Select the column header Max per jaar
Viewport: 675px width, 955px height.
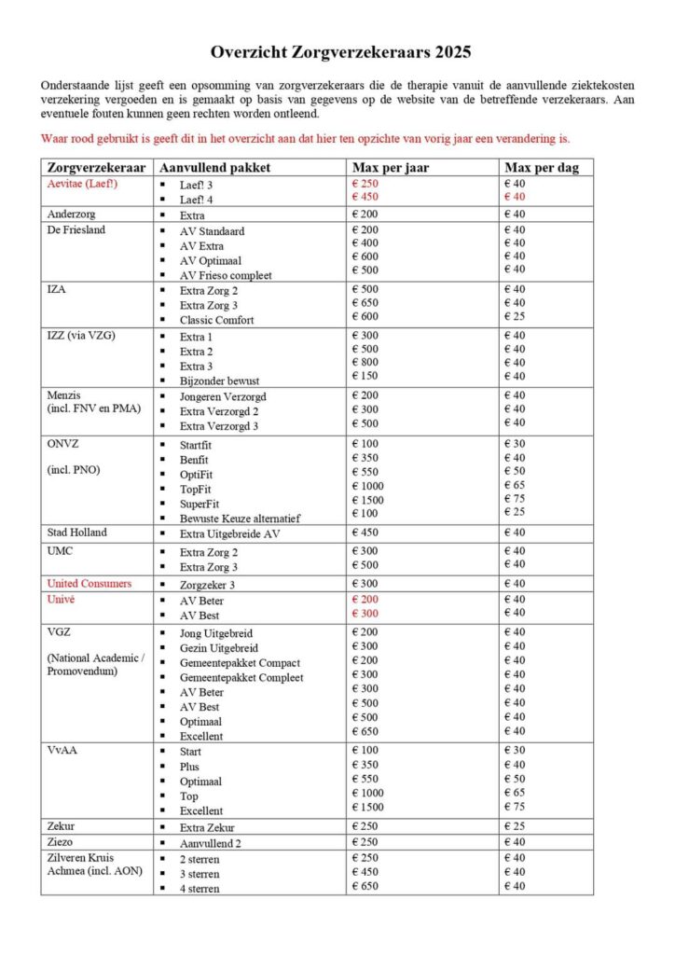point(390,168)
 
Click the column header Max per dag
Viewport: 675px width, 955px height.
point(542,168)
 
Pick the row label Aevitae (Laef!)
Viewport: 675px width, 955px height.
point(83,184)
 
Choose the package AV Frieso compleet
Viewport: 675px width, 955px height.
point(227,275)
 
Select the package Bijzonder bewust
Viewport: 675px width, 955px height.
point(220,381)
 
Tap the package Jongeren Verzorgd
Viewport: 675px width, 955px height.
point(226,395)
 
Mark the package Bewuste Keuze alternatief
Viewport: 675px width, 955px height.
point(241,518)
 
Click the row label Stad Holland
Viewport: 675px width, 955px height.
point(76,533)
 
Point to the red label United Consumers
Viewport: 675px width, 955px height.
point(90,584)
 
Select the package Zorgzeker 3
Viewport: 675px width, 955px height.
point(207,585)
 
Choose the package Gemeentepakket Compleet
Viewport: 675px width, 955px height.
point(241,677)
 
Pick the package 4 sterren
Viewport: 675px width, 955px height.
point(200,888)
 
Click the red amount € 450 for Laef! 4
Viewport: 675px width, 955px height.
point(365,197)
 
